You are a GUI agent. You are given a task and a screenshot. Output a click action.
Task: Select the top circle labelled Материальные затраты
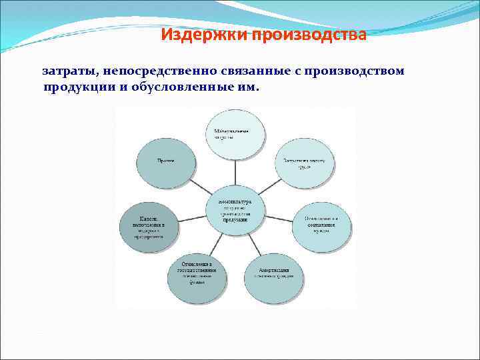click(235, 134)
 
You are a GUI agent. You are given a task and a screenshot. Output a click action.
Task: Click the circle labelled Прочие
click(166, 163)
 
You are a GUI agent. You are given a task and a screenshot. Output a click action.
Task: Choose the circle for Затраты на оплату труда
click(303, 163)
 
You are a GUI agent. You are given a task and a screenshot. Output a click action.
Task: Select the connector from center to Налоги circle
click(191, 218)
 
